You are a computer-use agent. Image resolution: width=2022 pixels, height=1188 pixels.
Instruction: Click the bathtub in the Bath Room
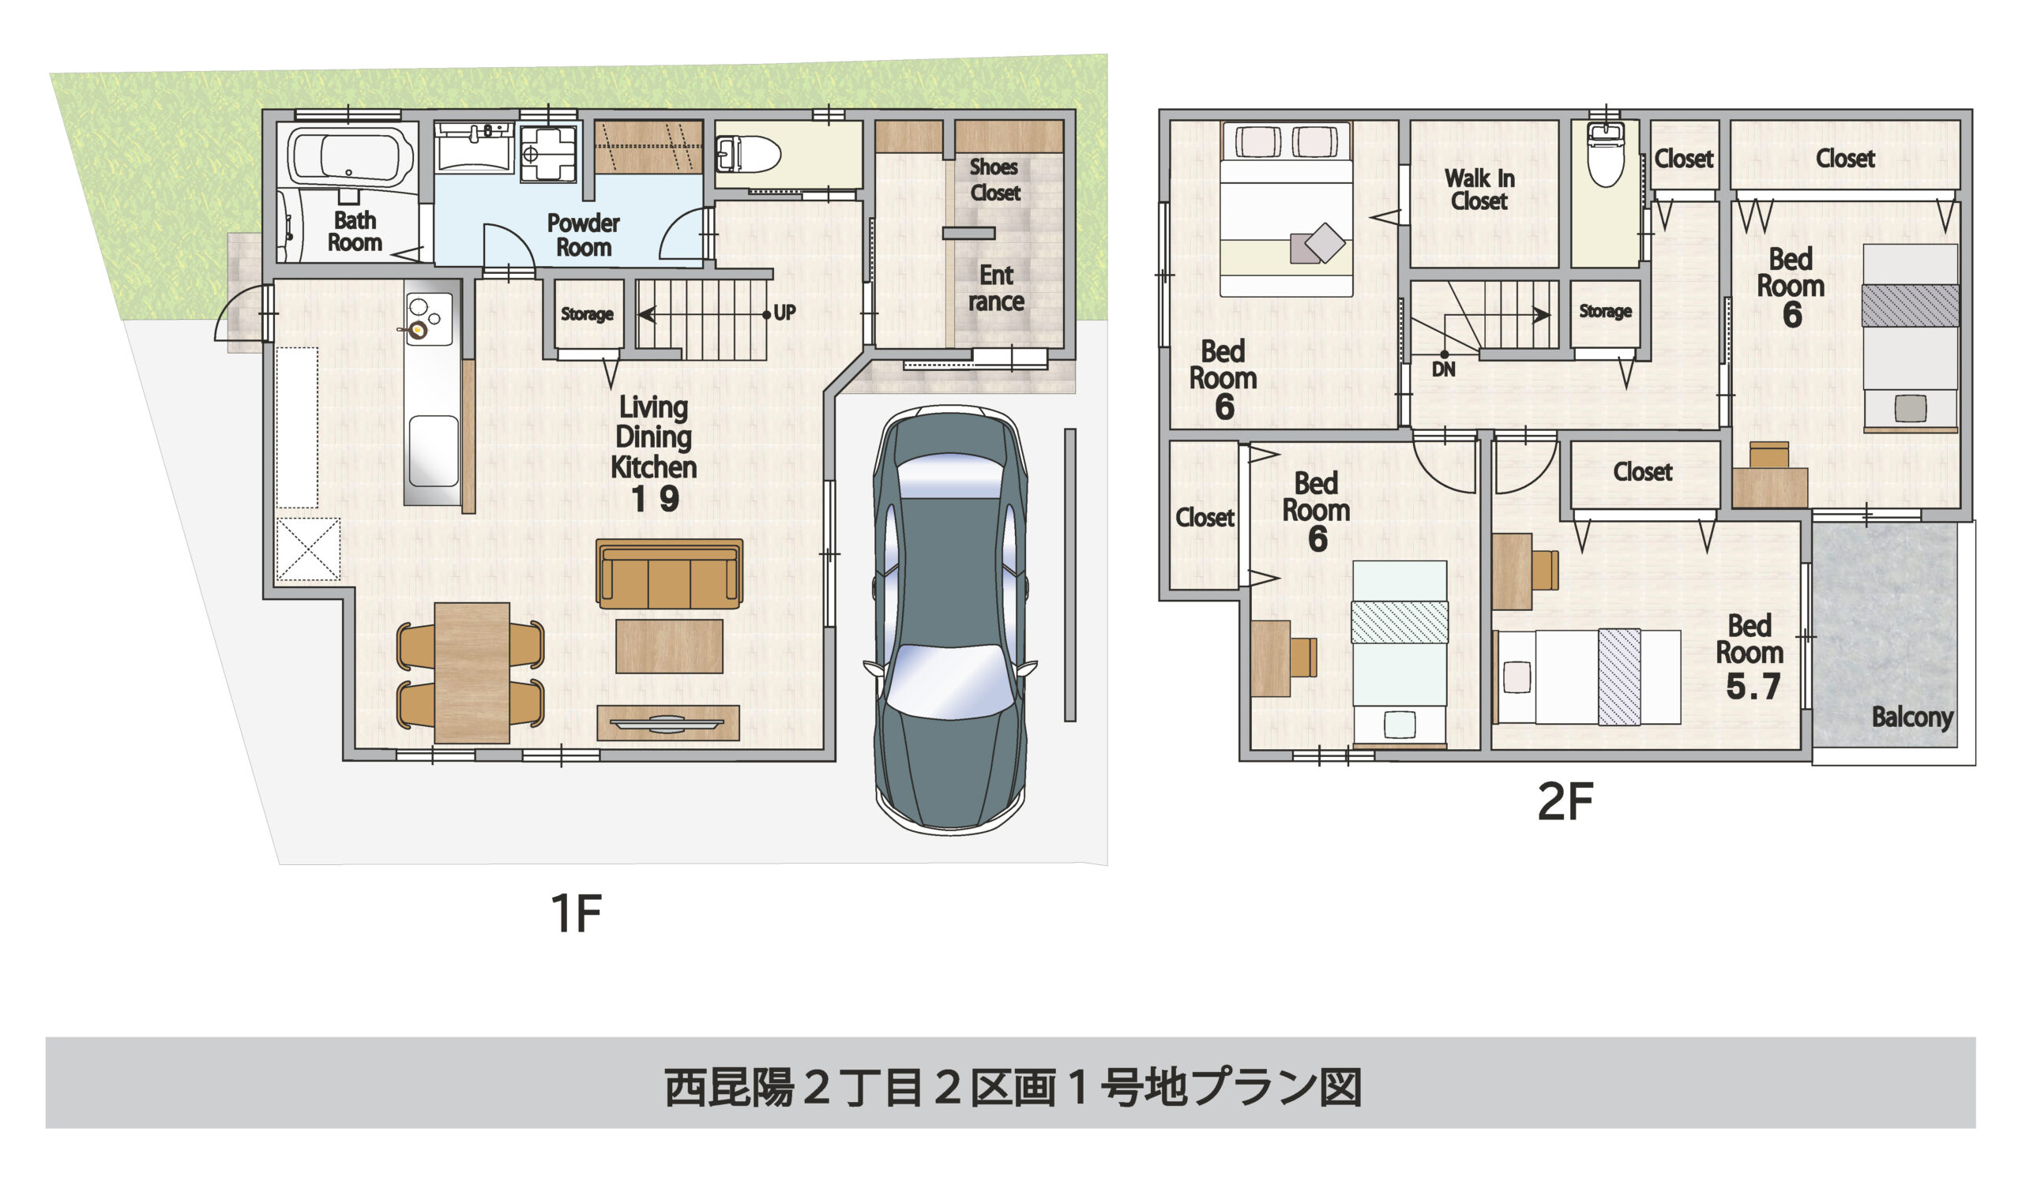click(x=350, y=156)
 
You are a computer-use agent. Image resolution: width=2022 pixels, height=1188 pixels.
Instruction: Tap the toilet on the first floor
click(x=750, y=154)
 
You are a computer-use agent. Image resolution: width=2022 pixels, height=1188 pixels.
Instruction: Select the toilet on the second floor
click(x=1606, y=157)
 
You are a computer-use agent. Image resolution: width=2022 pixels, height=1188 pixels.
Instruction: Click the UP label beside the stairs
click(x=784, y=313)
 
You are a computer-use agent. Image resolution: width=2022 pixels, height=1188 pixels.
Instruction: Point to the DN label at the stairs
click(x=1443, y=369)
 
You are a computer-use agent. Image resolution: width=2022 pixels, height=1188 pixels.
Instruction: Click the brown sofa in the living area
click(x=669, y=574)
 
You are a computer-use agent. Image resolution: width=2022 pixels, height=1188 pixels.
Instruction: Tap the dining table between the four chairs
click(x=472, y=673)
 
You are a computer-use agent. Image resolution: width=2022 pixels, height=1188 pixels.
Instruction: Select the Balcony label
click(x=1912, y=716)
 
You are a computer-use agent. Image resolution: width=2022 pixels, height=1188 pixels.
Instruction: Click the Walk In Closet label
click(x=1479, y=189)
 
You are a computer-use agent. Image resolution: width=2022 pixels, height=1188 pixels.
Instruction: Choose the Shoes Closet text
click(x=994, y=180)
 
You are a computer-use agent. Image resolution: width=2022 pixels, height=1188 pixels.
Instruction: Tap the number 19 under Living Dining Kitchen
click(x=655, y=500)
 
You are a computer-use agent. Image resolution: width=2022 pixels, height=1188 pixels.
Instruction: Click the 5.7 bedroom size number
click(x=1753, y=687)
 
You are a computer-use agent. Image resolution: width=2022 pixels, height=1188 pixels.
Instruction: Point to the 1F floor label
click(x=575, y=913)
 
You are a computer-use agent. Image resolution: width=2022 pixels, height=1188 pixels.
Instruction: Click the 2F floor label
click(x=1565, y=801)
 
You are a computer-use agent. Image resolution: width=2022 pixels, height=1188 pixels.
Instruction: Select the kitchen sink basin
click(x=434, y=451)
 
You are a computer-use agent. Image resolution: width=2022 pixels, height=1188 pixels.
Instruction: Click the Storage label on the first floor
click(x=587, y=314)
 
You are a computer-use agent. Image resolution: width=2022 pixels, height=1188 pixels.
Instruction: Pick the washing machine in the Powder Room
click(x=548, y=152)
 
